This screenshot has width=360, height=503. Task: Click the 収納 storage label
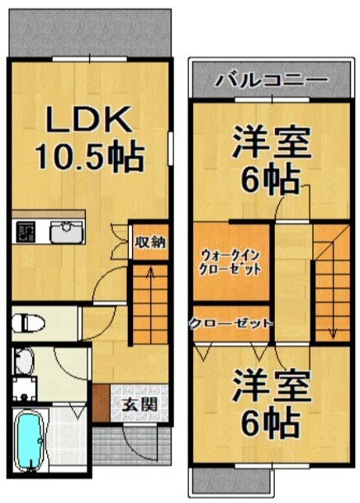(150, 242)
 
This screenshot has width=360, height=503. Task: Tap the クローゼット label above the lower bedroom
(230, 323)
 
